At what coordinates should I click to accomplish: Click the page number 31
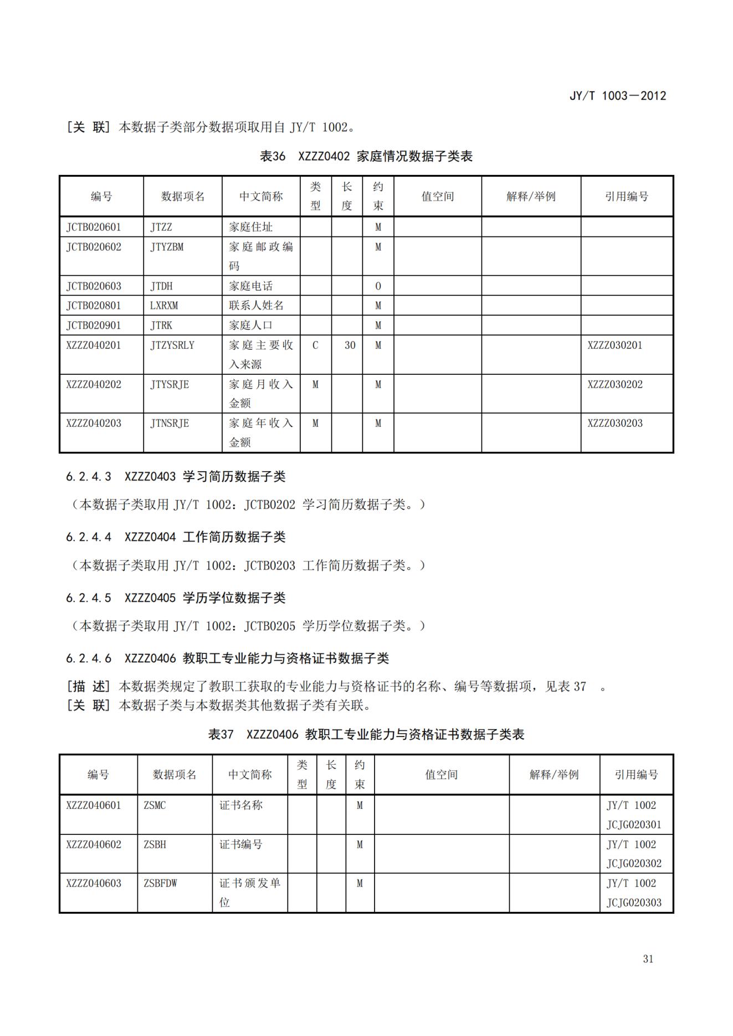(x=648, y=958)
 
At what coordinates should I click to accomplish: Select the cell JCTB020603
(x=94, y=286)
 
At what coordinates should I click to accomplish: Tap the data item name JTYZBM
(x=167, y=247)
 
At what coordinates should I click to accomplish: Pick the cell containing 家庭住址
(x=250, y=227)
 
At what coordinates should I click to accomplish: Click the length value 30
(x=350, y=346)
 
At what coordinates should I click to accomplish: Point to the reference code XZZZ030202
(x=615, y=384)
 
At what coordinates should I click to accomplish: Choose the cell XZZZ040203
(x=94, y=424)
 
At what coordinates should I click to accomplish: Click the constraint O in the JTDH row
(x=378, y=286)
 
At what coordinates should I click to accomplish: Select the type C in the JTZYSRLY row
(x=315, y=346)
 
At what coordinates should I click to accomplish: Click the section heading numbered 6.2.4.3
(x=176, y=476)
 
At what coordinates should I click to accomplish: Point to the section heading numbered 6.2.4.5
(x=176, y=597)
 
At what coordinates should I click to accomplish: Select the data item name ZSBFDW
(x=160, y=883)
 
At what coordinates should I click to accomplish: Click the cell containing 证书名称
(x=241, y=805)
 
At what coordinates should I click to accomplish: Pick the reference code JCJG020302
(x=634, y=863)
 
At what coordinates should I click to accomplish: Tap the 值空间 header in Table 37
(x=441, y=775)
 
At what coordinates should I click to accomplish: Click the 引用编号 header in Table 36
(x=626, y=197)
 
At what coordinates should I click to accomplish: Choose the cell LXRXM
(x=164, y=306)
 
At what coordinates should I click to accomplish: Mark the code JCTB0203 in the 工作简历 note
(x=270, y=565)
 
